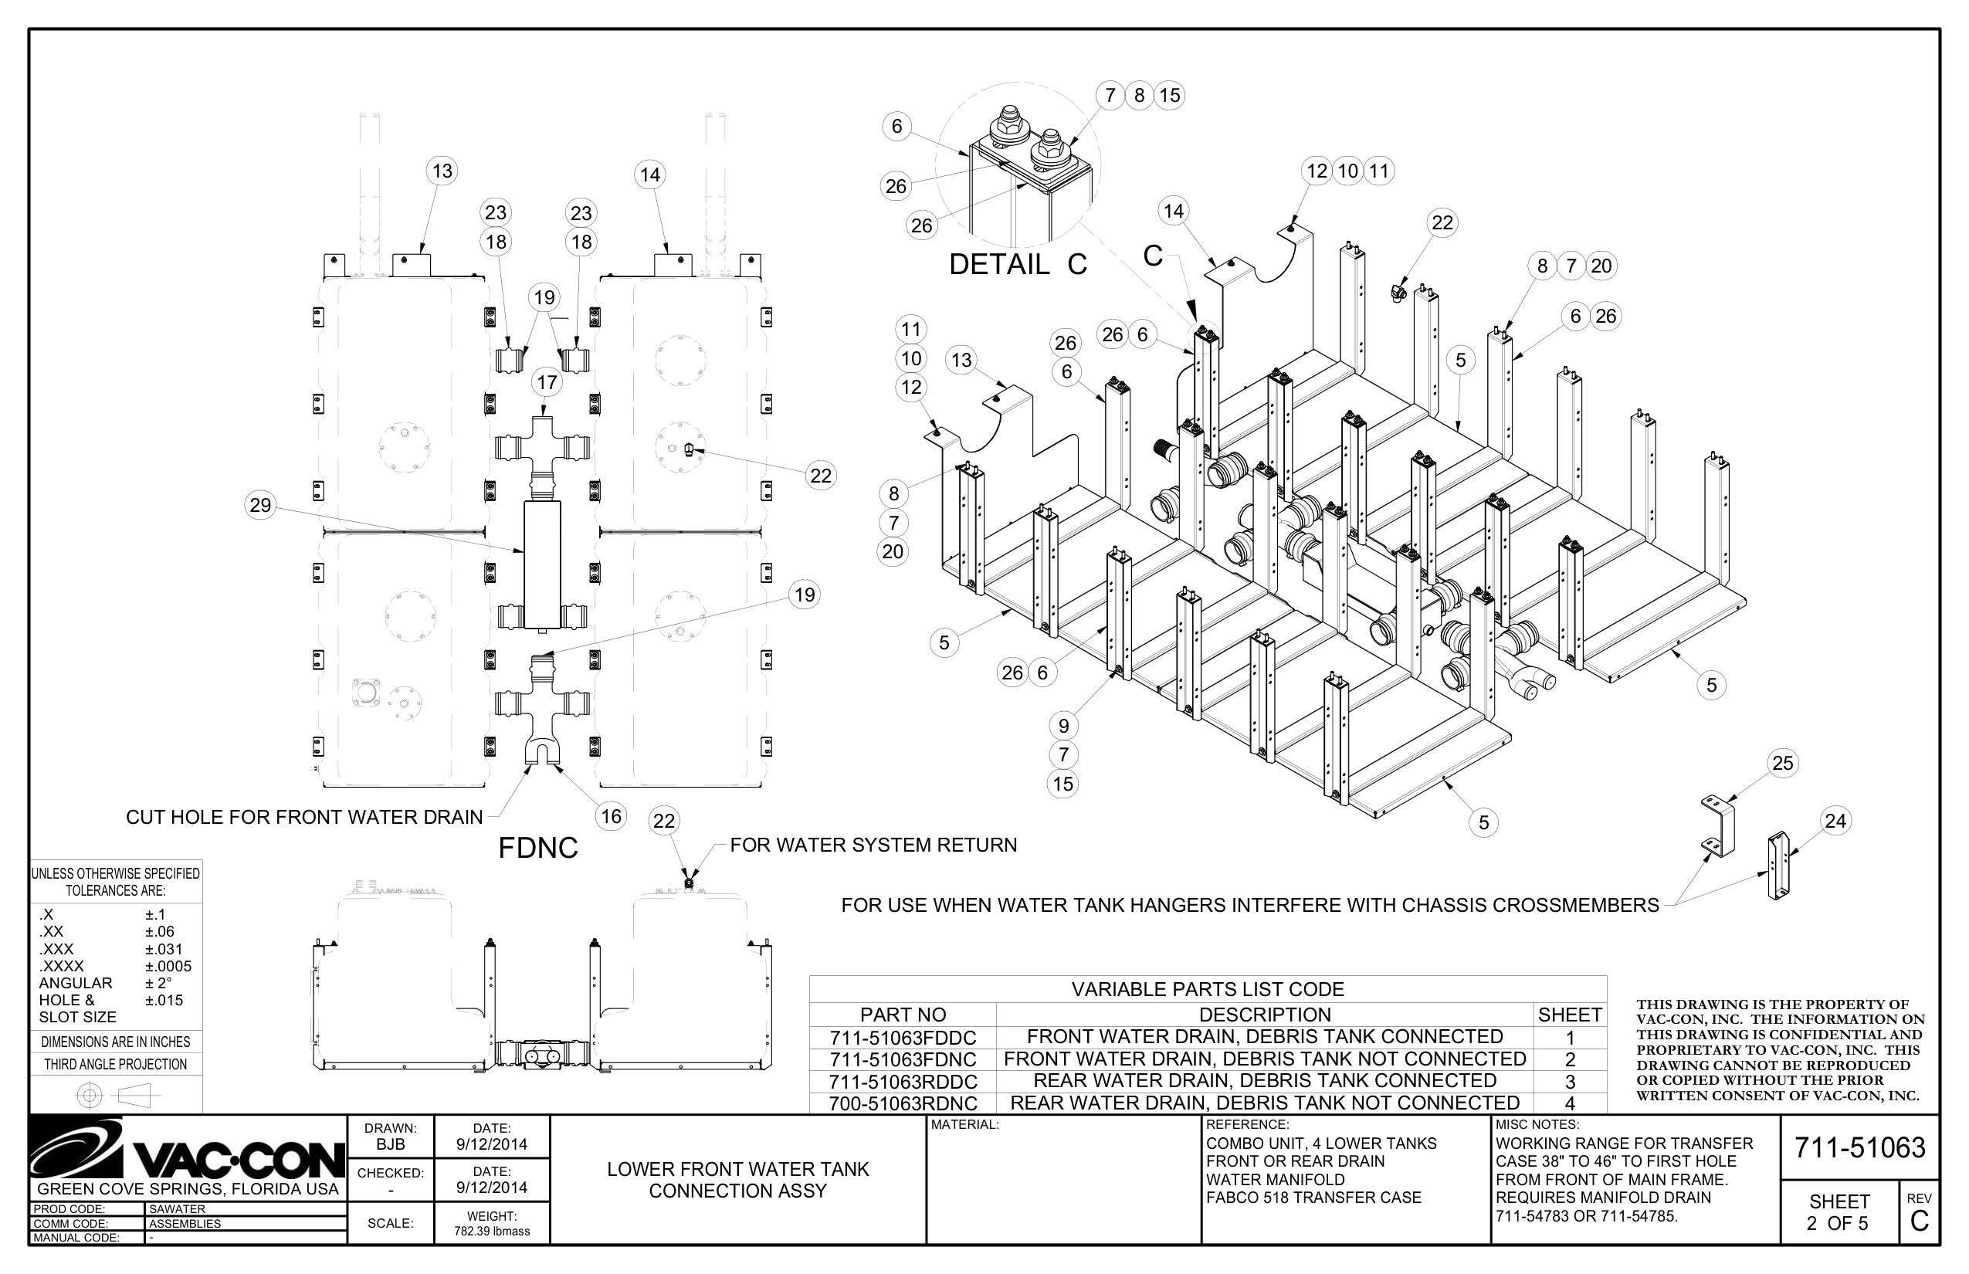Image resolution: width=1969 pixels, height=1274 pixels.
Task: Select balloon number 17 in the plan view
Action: pos(547,382)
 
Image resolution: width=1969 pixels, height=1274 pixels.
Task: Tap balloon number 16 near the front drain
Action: pos(611,817)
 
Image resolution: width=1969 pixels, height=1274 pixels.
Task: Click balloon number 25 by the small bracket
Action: pos(1782,763)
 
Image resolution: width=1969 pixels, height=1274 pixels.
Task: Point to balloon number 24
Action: pos(1835,821)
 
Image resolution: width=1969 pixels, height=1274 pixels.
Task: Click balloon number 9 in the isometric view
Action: pos(1063,726)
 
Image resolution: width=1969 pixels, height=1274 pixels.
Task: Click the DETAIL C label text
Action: pos(1018,265)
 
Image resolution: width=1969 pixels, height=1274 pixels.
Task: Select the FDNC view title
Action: pos(537,848)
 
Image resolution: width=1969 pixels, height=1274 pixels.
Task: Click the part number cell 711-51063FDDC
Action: pos(903,1038)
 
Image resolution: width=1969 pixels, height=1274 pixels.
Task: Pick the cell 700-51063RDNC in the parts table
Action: pos(903,1103)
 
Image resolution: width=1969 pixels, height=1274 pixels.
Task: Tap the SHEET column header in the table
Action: pos(1569,1015)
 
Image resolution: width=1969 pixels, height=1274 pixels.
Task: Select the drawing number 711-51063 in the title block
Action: pos(1859,1148)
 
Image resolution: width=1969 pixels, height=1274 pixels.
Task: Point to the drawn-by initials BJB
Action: pos(391,1145)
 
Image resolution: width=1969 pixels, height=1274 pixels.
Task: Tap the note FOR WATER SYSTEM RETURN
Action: pos(873,845)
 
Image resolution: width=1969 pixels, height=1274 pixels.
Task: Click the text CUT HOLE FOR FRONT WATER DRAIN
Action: pos(303,818)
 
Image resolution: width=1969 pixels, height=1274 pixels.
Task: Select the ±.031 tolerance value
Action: pos(164,949)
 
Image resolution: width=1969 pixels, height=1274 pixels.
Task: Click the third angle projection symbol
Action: pos(116,1096)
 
